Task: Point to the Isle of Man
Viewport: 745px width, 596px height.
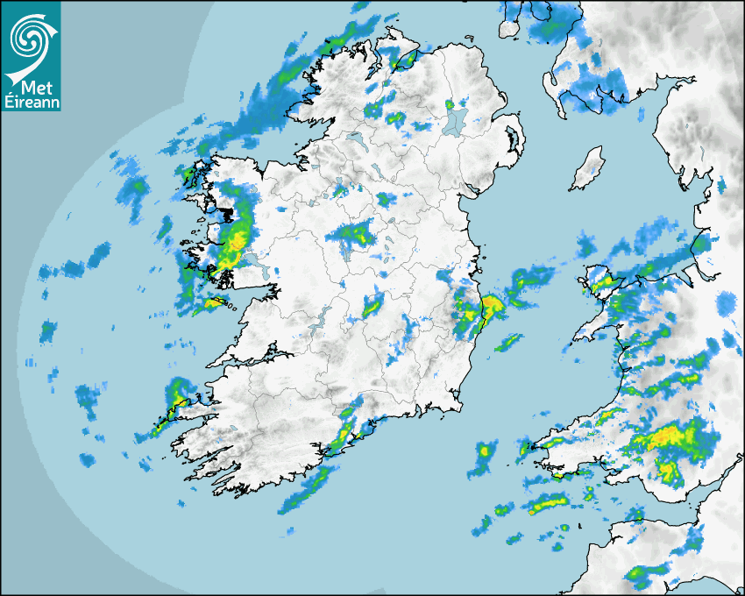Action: coord(587,168)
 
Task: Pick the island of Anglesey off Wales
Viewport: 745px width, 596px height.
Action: coord(600,282)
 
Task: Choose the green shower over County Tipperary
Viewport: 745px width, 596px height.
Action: coord(372,305)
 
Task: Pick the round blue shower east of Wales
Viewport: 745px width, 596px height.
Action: coord(726,305)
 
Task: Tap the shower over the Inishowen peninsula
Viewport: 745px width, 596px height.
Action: coord(406,60)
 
